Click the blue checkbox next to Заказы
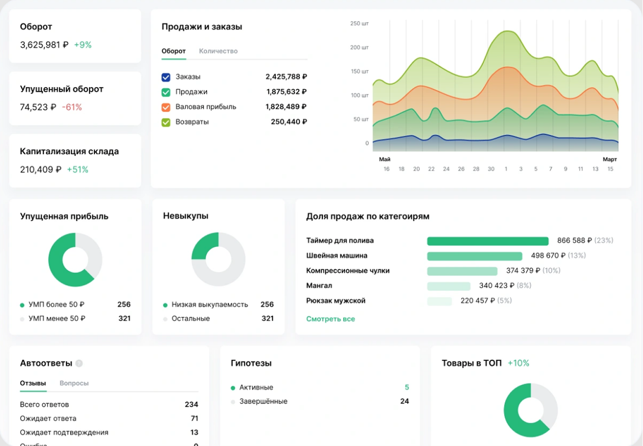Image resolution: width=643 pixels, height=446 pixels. (x=166, y=77)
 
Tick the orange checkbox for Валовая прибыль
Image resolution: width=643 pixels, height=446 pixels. (x=166, y=107)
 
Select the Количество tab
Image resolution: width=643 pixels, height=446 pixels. (x=218, y=51)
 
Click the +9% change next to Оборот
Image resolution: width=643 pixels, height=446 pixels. (x=83, y=45)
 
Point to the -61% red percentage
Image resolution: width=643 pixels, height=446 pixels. (x=72, y=107)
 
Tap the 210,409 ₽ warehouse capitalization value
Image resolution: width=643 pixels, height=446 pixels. (x=41, y=169)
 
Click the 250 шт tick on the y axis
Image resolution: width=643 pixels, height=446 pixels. (x=359, y=24)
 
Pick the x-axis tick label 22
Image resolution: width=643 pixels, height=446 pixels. (x=431, y=169)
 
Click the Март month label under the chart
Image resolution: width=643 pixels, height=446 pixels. (x=610, y=159)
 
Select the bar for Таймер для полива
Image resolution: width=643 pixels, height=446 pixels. (x=488, y=241)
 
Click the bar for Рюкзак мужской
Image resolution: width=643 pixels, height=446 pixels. (x=439, y=301)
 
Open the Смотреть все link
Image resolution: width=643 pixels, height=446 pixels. (x=330, y=319)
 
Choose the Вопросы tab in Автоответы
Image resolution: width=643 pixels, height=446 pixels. (x=74, y=383)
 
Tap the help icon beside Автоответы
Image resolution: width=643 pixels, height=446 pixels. (x=79, y=363)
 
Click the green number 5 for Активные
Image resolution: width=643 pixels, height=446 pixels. (x=406, y=387)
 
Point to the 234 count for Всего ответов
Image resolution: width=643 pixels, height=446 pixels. (x=191, y=405)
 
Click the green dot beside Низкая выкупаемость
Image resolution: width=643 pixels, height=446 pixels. (x=165, y=305)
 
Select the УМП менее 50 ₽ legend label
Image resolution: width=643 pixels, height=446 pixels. (x=57, y=318)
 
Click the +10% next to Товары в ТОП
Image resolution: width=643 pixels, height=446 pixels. (x=518, y=363)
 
